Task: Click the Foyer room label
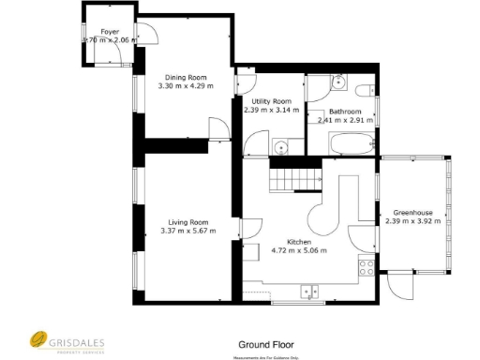point(110,31)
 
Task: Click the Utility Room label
point(271,100)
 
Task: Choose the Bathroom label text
point(346,111)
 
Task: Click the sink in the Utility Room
point(281,146)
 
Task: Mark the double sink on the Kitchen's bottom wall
point(312,292)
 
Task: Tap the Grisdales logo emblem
point(37,339)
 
